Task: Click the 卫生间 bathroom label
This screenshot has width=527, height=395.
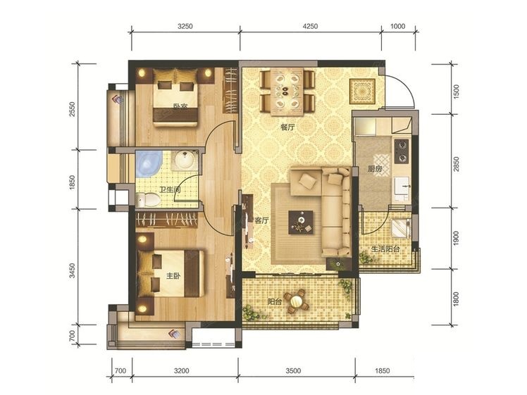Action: click(169, 190)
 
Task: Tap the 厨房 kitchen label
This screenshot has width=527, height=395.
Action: click(374, 169)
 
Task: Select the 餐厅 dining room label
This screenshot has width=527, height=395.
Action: click(287, 127)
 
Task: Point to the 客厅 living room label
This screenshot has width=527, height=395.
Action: click(261, 220)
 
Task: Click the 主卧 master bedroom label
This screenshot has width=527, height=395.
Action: click(174, 276)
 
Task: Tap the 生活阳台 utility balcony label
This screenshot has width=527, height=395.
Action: click(385, 249)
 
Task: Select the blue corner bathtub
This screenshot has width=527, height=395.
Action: click(148, 164)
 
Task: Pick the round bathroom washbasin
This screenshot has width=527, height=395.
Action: click(184, 160)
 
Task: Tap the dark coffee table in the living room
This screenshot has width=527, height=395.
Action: click(301, 222)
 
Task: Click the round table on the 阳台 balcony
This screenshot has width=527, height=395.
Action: click(297, 301)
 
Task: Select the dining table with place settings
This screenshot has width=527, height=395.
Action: click(287, 92)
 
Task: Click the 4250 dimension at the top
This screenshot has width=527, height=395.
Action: click(310, 26)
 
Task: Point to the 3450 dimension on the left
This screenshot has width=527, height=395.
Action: click(72, 270)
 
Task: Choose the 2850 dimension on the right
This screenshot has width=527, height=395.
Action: click(456, 163)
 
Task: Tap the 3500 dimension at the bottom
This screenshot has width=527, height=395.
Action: click(293, 371)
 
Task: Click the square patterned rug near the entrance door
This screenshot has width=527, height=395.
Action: click(362, 92)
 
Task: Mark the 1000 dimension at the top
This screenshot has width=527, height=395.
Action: click(397, 26)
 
